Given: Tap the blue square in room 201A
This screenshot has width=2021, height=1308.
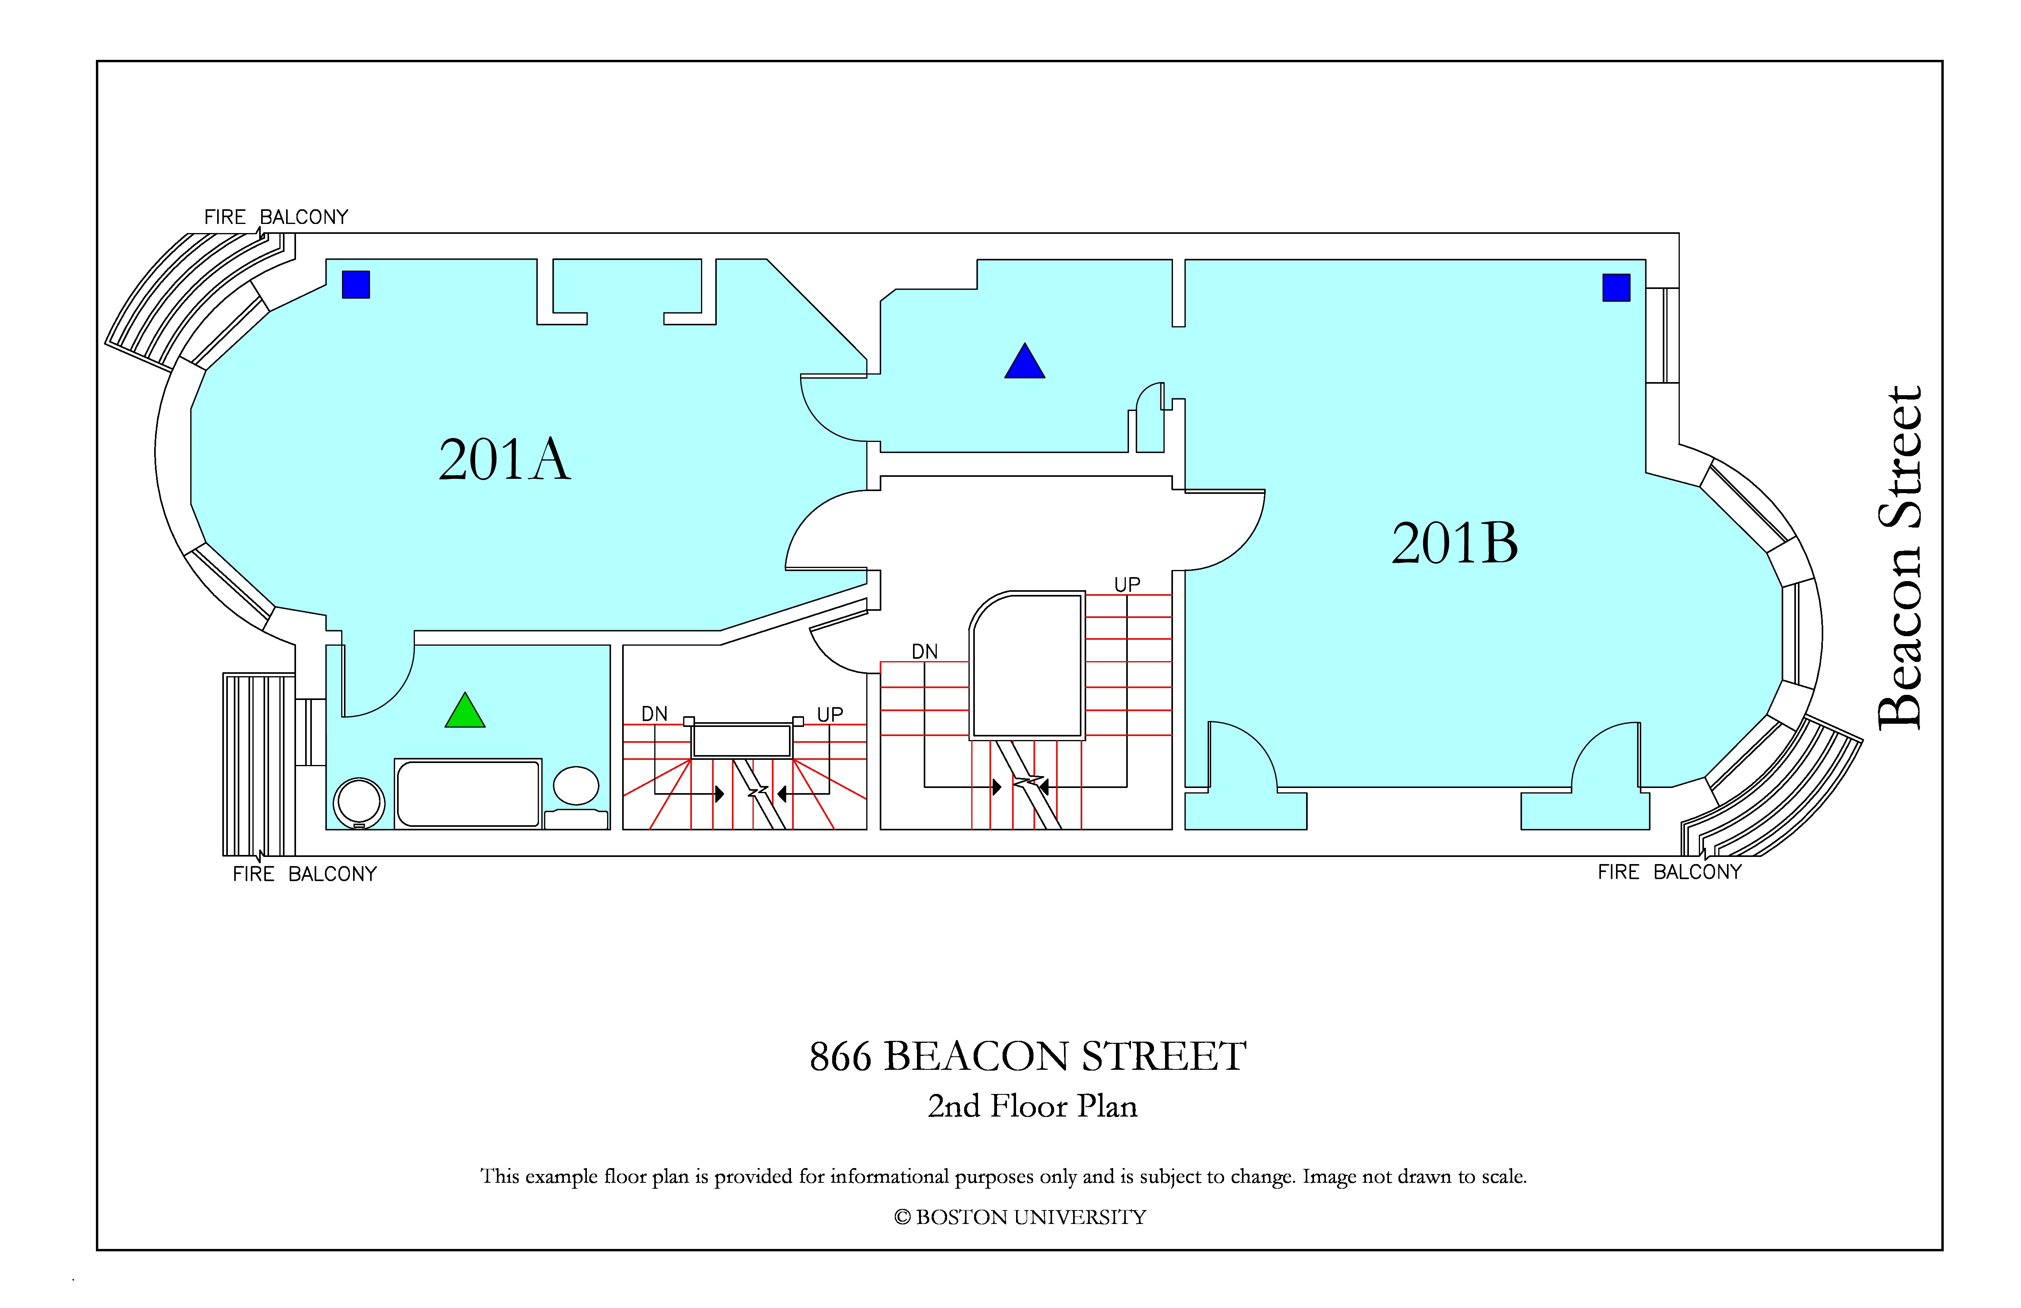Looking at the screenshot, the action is pyautogui.click(x=356, y=285).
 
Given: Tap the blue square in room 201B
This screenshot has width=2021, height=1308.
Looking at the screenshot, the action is pyautogui.click(x=1616, y=288).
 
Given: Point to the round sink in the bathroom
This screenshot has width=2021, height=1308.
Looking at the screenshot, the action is pyautogui.click(x=359, y=802).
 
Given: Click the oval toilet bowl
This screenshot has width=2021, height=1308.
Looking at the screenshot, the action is pyautogui.click(x=576, y=786).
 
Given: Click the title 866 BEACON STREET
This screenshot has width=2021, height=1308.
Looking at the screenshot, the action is pyautogui.click(x=1028, y=1057).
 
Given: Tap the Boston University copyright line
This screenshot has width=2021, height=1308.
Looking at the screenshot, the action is pyautogui.click(x=1020, y=1217).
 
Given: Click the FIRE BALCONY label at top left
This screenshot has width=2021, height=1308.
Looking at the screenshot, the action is pyautogui.click(x=276, y=218).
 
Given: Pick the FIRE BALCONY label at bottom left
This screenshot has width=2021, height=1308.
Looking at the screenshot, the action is pyautogui.click(x=305, y=874).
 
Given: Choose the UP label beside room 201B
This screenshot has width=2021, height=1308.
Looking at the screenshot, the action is pyautogui.click(x=1127, y=584).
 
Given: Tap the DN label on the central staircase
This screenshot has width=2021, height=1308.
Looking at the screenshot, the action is pyautogui.click(x=925, y=652).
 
